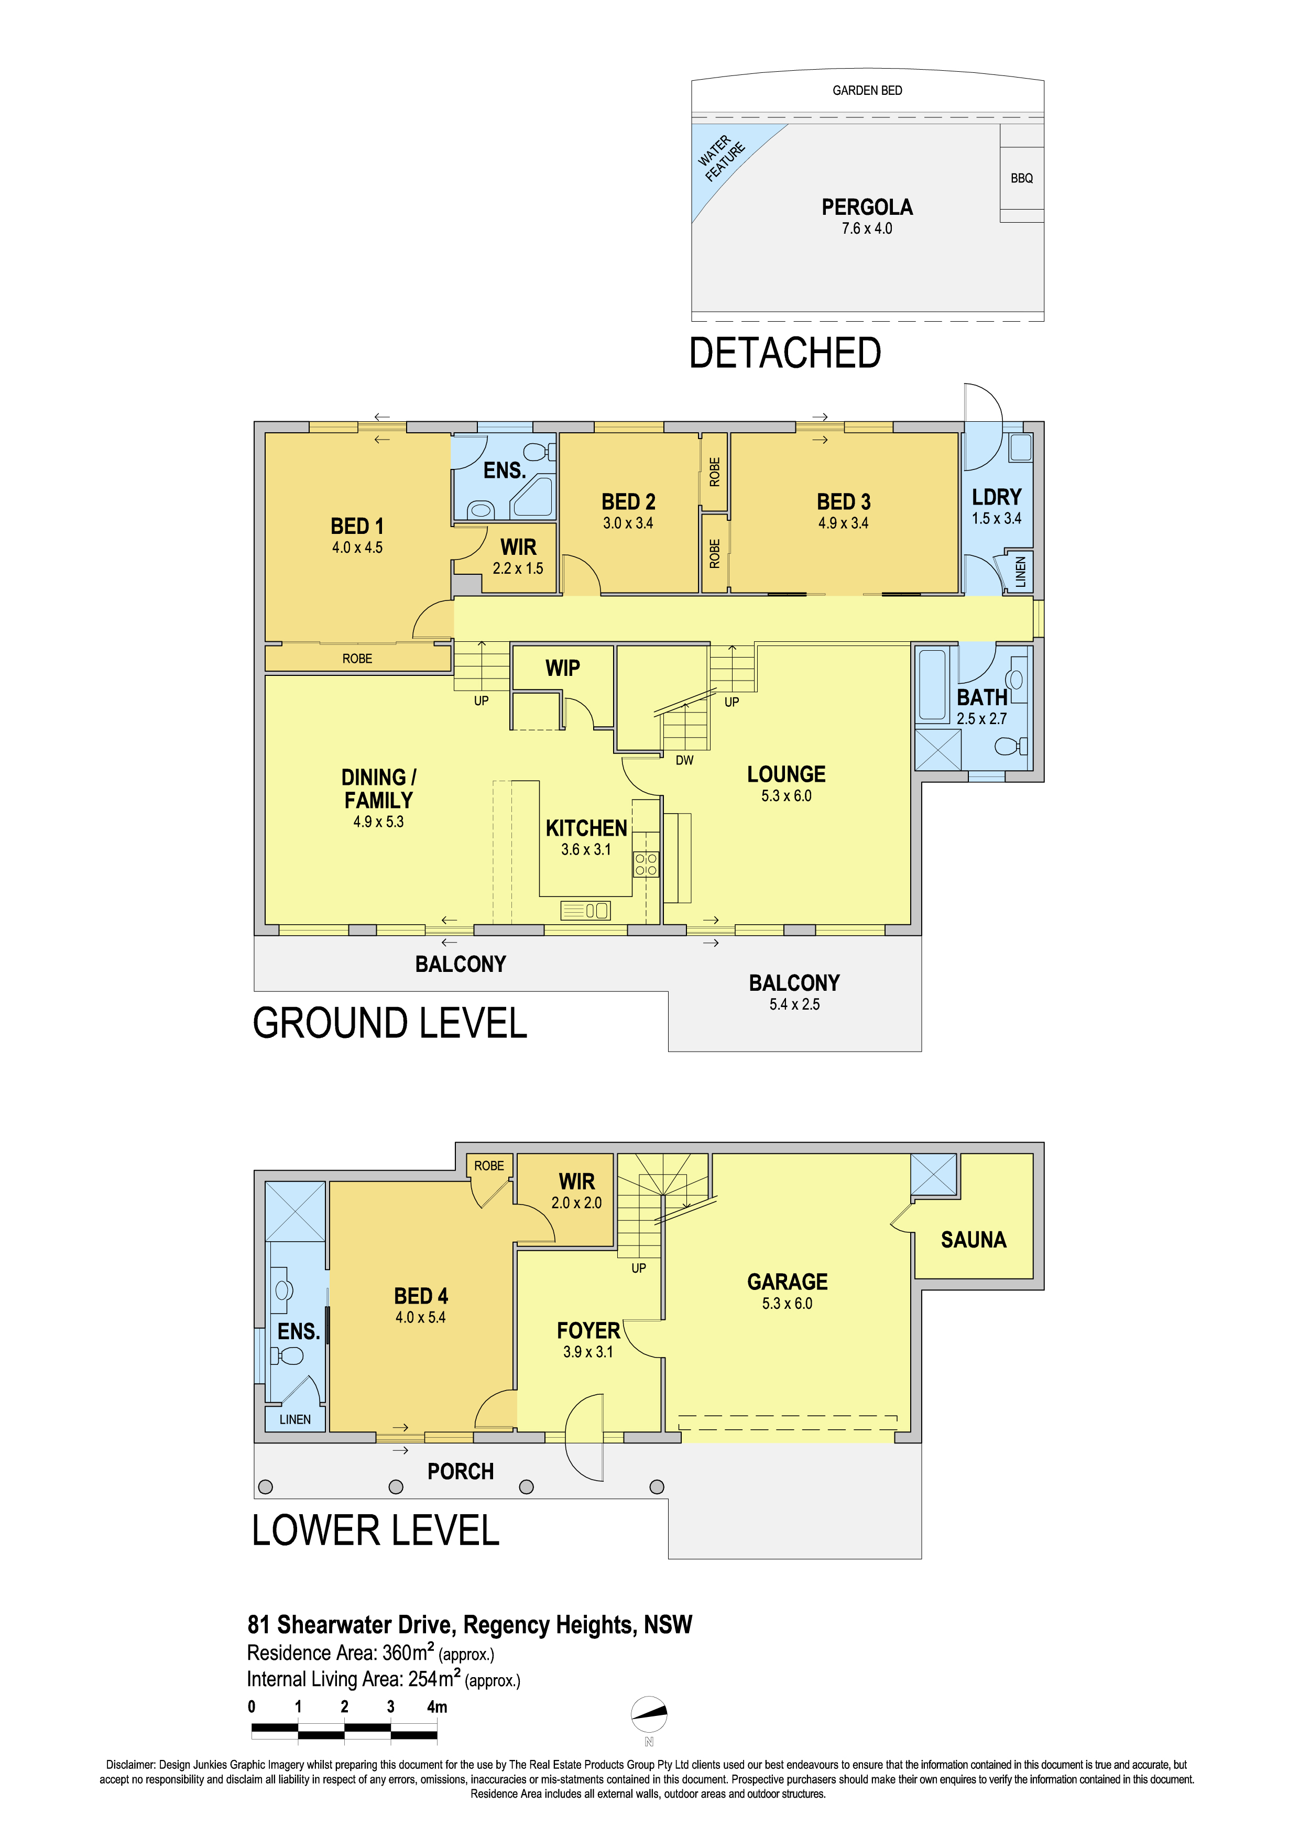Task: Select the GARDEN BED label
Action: point(867,91)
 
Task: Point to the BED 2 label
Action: point(628,502)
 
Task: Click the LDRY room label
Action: point(997,497)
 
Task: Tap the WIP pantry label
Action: point(563,669)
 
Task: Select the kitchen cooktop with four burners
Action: point(646,865)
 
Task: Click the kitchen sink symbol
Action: point(585,910)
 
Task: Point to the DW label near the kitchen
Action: point(684,760)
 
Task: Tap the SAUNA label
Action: point(973,1240)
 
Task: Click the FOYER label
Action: point(588,1331)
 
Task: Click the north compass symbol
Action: point(649,1714)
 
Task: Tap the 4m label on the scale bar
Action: point(437,1706)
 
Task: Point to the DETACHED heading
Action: point(785,353)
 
